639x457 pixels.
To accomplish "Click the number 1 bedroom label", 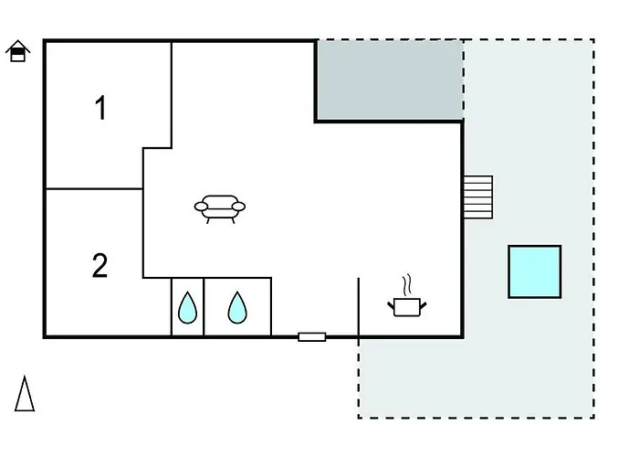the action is pos(100,108).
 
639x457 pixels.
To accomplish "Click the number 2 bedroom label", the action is pos(100,266).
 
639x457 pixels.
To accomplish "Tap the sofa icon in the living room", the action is pos(220,209).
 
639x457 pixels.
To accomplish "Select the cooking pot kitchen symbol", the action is pos(407,302).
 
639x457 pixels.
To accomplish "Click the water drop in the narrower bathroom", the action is pos(187,308).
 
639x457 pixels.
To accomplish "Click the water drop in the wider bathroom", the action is pos(237,308).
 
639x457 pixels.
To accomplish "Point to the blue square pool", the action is pos(535,271).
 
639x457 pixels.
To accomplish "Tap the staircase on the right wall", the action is pos(478,197).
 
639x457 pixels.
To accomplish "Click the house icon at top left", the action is pos(18,51).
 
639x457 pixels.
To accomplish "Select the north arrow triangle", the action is pos(25,393).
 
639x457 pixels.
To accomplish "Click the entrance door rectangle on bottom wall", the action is pos(312,337).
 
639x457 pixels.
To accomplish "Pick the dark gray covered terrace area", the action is pos(390,80).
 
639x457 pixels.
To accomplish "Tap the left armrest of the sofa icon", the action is pos(201,207).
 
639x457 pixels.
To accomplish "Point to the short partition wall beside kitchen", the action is pos(359,308).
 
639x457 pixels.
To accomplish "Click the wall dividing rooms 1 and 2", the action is pos(94,189).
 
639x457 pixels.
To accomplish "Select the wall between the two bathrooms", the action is pos(204,307).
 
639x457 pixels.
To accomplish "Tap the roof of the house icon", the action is pos(18,46).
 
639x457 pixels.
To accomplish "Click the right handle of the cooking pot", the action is pos(423,305).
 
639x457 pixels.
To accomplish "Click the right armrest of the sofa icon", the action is pos(239,207).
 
